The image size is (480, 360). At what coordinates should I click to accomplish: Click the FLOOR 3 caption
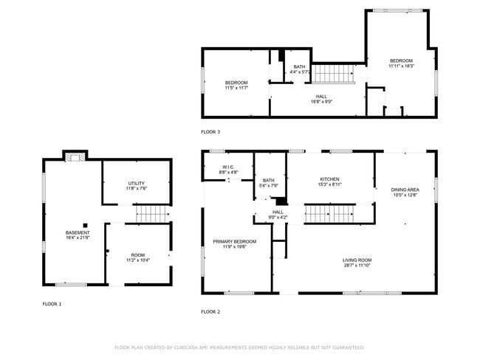point(210,132)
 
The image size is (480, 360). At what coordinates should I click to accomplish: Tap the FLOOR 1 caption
point(52,303)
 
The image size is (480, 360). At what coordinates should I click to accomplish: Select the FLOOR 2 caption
point(210,312)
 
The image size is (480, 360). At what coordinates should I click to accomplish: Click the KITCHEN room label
point(329,179)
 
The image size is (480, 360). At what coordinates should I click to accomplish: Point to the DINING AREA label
point(405,190)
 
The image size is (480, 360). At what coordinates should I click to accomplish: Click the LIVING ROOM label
point(357,260)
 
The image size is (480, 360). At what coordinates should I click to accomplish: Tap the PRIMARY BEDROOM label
point(235,241)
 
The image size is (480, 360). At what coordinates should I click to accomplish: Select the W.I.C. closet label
point(227,167)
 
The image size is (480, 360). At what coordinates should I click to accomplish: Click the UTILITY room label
point(136,183)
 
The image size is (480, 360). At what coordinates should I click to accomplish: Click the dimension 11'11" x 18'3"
point(402,66)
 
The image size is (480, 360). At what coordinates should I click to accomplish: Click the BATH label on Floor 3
point(298,66)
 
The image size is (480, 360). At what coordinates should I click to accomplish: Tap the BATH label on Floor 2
point(268,180)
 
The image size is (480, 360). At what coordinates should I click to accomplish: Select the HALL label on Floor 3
point(321,96)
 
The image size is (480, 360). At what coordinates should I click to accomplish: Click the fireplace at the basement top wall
point(75,156)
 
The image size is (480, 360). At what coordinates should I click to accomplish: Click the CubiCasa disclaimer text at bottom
point(240,347)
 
